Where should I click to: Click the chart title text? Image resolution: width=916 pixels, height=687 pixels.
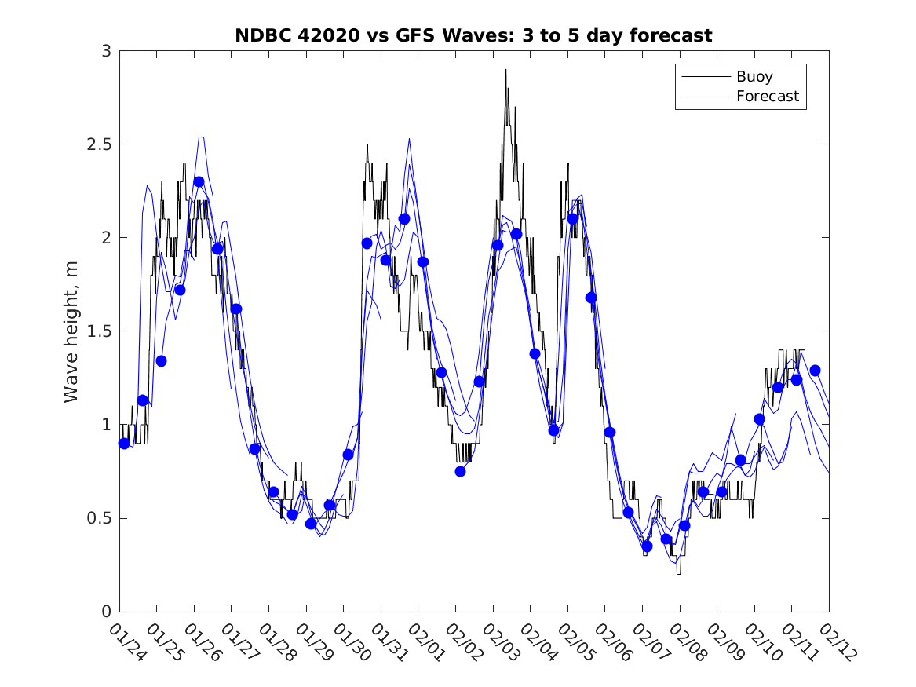click(473, 35)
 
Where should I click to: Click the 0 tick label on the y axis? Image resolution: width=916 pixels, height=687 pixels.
click(106, 612)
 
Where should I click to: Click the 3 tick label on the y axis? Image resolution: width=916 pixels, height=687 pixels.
click(106, 51)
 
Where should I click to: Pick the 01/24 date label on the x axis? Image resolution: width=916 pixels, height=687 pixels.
click(126, 641)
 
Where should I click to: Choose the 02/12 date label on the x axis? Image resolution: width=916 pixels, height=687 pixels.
click(835, 641)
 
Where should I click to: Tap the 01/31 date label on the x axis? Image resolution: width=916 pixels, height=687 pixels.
click(387, 641)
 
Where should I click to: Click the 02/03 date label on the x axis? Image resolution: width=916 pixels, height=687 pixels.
click(499, 641)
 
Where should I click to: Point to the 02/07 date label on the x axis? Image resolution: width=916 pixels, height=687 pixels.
click(648, 641)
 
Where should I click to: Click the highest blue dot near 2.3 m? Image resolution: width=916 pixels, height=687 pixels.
click(199, 181)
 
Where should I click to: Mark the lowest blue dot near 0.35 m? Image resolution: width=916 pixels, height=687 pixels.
click(647, 546)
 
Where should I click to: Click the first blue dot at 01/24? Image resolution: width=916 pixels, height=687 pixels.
click(124, 443)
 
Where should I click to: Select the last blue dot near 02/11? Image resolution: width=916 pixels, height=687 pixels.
click(815, 370)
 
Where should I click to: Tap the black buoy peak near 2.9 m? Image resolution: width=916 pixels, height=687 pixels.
click(505, 71)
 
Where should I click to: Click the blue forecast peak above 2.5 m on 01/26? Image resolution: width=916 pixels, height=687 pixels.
click(201, 137)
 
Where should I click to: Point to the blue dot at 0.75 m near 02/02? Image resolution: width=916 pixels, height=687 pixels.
click(460, 471)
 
